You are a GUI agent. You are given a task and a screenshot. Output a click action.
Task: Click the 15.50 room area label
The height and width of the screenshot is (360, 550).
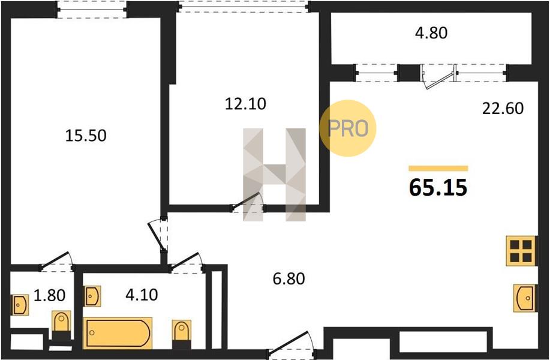pos(86,136)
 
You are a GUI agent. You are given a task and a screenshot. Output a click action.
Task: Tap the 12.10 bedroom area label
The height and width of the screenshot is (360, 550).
pos(245,104)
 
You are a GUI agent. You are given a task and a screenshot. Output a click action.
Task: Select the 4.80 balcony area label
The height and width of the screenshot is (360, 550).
pos(431,32)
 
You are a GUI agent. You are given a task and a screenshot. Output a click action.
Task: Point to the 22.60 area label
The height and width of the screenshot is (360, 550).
pos(503,109)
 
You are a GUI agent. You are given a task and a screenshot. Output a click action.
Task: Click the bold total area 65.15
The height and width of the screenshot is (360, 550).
pos(438,187)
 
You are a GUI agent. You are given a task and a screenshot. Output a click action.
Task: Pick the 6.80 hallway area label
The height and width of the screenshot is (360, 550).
pos(288,278)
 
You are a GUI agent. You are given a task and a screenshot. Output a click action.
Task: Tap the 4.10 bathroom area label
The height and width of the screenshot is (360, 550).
pos(142,295)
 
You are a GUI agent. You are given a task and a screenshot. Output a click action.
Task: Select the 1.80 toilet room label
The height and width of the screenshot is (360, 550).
pos(49,295)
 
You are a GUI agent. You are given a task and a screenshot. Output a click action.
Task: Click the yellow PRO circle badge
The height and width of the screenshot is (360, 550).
pos(348,128)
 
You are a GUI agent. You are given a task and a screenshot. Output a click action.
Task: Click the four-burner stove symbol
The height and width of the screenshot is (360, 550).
pos(521,251)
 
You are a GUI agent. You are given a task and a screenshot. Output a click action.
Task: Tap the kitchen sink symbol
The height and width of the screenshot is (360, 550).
pos(525,298)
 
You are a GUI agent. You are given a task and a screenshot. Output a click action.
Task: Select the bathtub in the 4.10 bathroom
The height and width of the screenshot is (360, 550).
pos(118,333)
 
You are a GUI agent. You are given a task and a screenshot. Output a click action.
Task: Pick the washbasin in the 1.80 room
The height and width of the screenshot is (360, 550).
pos(20,305)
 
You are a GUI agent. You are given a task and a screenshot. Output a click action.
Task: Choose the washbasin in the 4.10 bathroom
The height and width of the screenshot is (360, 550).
pos(92,296)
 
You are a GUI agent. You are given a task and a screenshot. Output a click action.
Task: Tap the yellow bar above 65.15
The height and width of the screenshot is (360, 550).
pos(438,169)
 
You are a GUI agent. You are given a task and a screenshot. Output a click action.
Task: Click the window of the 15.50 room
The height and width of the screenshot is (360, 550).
pos(92,10)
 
